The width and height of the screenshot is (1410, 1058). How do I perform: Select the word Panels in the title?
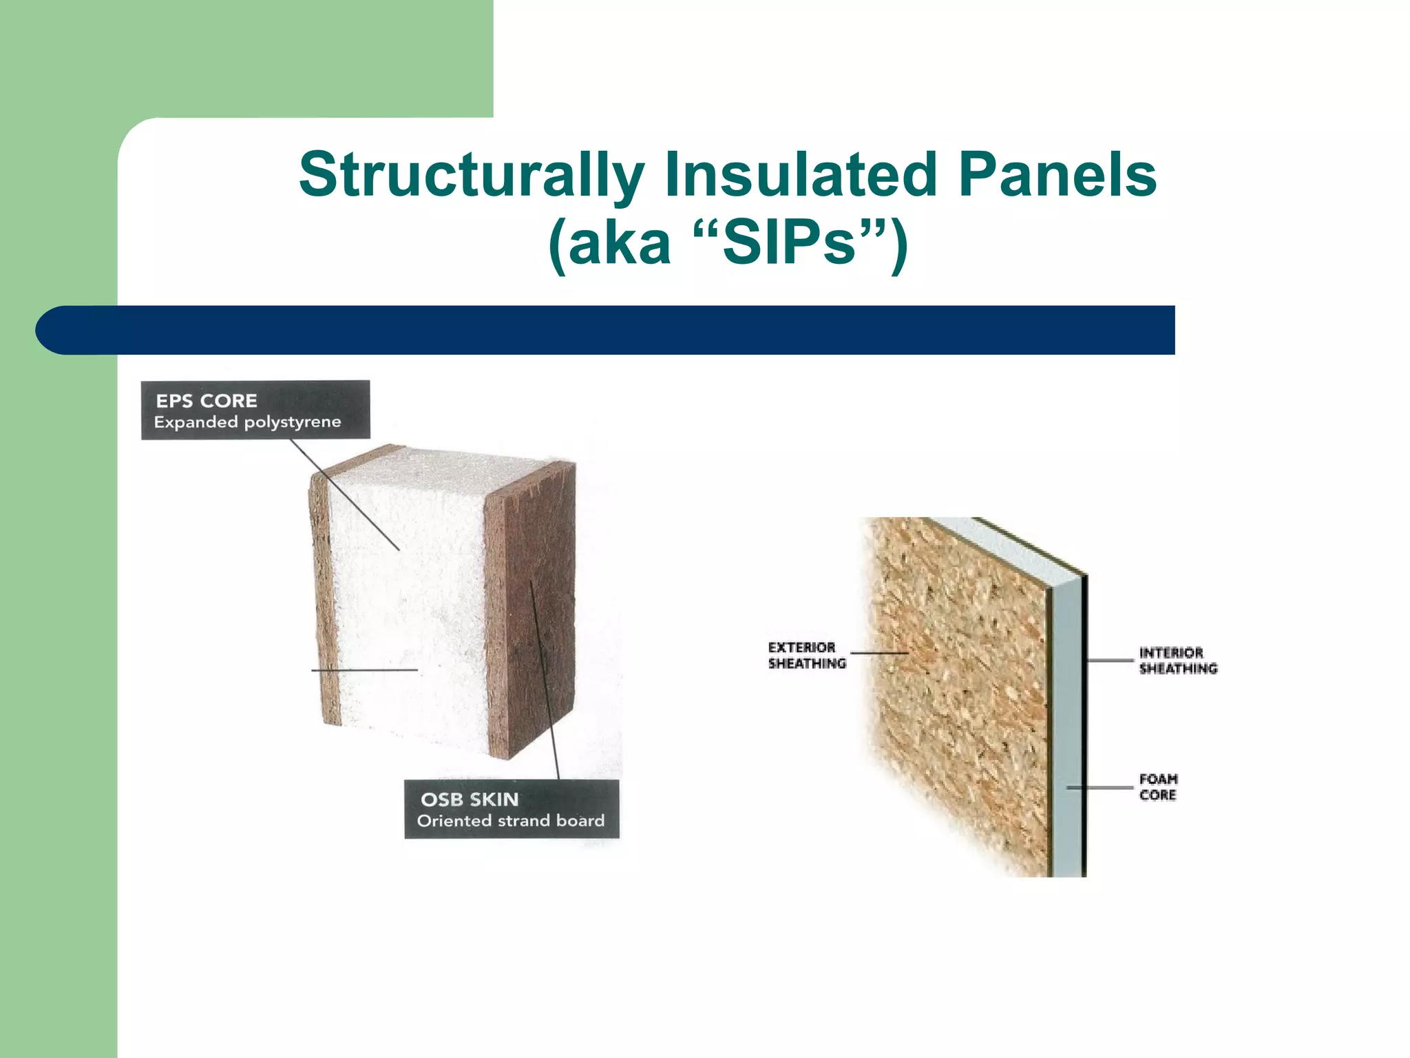point(1057,174)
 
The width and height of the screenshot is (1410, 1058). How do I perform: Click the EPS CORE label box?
point(255,410)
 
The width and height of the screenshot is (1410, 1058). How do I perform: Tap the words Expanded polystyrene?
point(247,422)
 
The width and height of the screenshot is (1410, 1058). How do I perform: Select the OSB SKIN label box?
point(512,809)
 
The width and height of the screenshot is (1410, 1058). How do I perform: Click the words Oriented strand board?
point(510,820)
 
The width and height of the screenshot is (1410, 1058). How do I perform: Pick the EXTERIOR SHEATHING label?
point(806,655)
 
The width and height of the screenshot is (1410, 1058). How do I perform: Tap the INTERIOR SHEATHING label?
point(1177,661)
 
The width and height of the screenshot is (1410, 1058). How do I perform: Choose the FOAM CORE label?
point(1158,787)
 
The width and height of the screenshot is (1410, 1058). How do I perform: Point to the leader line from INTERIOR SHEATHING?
point(1110,661)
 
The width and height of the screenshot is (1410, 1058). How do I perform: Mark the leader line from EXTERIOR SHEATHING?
point(879,652)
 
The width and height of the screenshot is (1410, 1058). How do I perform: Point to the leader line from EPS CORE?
point(344,495)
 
